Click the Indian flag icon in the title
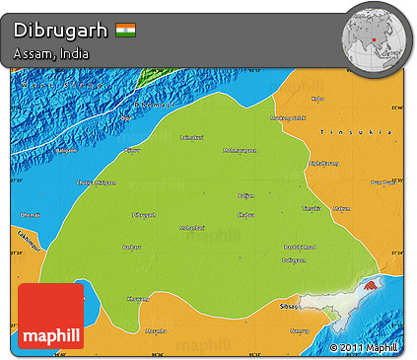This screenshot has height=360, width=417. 125,30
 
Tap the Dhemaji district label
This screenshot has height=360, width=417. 30,214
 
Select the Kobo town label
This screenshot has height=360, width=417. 316,99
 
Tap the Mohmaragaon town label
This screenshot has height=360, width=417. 239,151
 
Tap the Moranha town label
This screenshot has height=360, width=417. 156,330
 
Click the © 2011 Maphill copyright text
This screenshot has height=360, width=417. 364,347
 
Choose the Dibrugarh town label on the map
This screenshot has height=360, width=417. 143,214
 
